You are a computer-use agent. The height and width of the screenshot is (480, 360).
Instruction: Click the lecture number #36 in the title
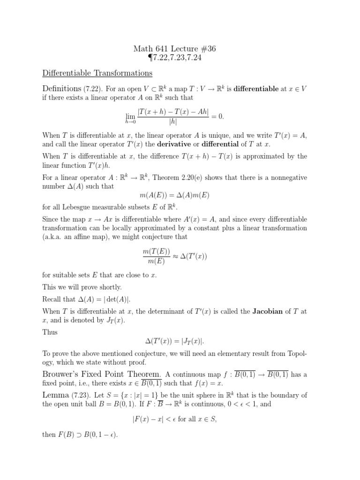(x=206, y=49)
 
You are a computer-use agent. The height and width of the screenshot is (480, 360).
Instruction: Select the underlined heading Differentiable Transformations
(x=97, y=73)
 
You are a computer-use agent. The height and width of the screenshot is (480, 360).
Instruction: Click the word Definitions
(x=62, y=88)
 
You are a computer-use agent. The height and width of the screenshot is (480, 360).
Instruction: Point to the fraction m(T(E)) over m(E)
(x=157, y=257)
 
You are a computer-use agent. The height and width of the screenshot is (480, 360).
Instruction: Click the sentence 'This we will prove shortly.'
(x=82, y=286)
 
